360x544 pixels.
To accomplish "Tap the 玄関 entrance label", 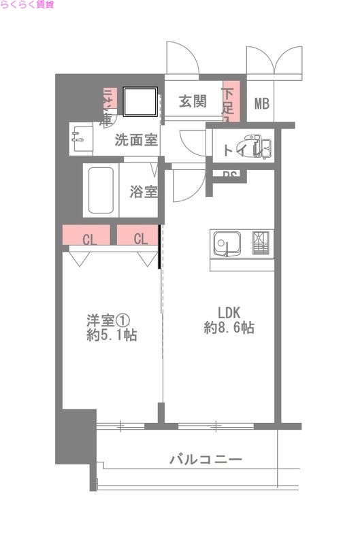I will (x=193, y=102).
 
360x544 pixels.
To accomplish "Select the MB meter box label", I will (x=262, y=103).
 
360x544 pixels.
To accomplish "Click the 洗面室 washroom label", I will (x=136, y=141).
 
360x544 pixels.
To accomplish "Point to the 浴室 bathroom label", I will (x=144, y=191).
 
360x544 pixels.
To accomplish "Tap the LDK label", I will (x=229, y=312).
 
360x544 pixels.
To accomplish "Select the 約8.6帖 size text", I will (x=229, y=328).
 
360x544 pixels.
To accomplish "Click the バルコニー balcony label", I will (x=206, y=460).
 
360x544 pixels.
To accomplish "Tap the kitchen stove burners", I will (x=262, y=243).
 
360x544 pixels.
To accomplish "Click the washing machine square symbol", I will (x=143, y=102).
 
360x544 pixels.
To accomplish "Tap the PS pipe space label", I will (x=230, y=175).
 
